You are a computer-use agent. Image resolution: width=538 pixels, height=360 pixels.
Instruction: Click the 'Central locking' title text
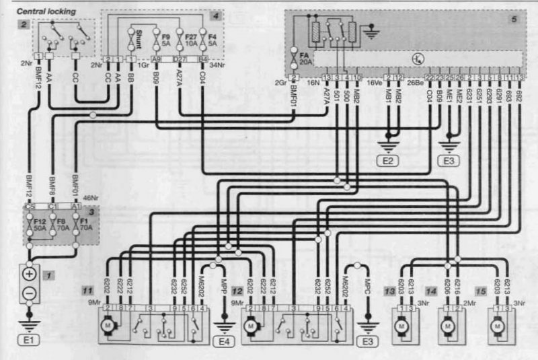(x=46, y=12)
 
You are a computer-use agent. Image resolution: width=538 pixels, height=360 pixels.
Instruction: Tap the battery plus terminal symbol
(x=30, y=275)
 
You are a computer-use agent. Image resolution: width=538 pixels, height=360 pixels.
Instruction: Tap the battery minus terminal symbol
(x=30, y=293)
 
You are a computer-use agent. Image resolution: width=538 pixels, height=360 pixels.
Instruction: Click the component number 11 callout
(x=87, y=290)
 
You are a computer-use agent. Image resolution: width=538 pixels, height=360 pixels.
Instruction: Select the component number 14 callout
(x=432, y=290)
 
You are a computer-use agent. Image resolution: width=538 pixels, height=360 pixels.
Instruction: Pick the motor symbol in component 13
(x=401, y=326)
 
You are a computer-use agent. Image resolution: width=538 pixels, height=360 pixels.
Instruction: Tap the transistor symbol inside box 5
(x=418, y=59)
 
